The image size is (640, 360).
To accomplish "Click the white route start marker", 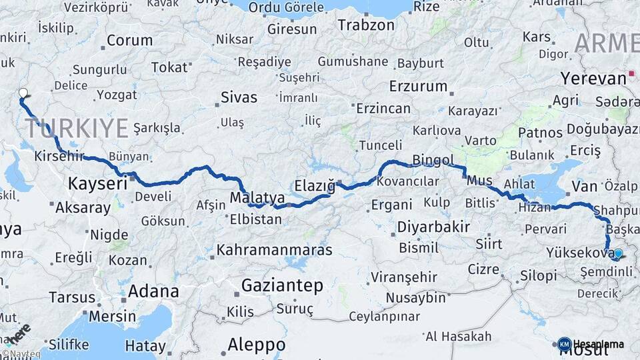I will pyautogui.click(x=23, y=93).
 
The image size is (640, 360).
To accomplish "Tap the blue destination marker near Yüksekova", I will pyautogui.click(x=618, y=253).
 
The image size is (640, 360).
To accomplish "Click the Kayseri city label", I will pyautogui.click(x=97, y=183).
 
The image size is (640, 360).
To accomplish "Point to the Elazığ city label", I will pyautogui.click(x=315, y=186).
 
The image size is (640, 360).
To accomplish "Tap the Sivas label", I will pyautogui.click(x=239, y=97).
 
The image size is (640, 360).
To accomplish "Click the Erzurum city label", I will pyautogui.click(x=418, y=87).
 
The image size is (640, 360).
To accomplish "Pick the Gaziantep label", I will pyautogui.click(x=282, y=286).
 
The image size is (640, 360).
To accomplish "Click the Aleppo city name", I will pyautogui.click(x=257, y=345).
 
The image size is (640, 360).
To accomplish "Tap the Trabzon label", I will pyautogui.click(x=366, y=25).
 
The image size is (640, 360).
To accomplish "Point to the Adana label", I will pyautogui.click(x=153, y=291).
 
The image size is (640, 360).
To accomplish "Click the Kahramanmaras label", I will pyautogui.click(x=274, y=251).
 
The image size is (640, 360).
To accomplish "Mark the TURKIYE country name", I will pyautogui.click(x=77, y=127).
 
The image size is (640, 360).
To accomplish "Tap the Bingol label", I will pyautogui.click(x=433, y=160).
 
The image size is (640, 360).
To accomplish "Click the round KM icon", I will pyautogui.click(x=564, y=344).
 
